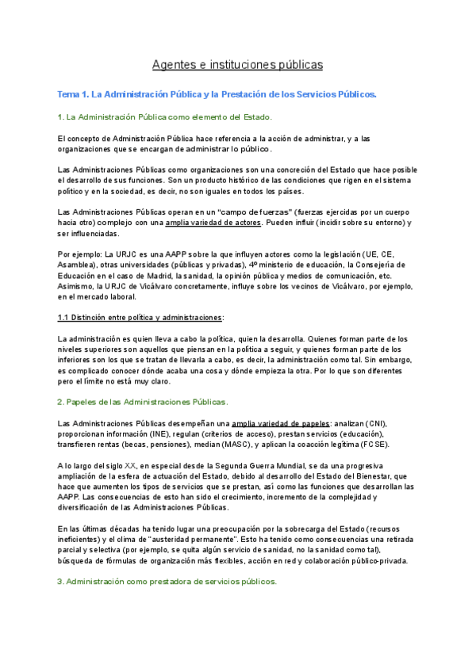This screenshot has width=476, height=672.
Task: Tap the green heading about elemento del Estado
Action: click(x=164, y=117)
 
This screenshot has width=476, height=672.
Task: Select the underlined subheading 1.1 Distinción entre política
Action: click(x=140, y=317)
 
